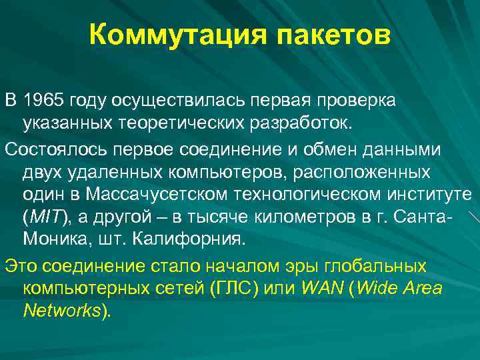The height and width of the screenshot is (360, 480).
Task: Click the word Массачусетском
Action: tap(154, 194)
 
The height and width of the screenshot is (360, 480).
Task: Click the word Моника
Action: tap(53, 238)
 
